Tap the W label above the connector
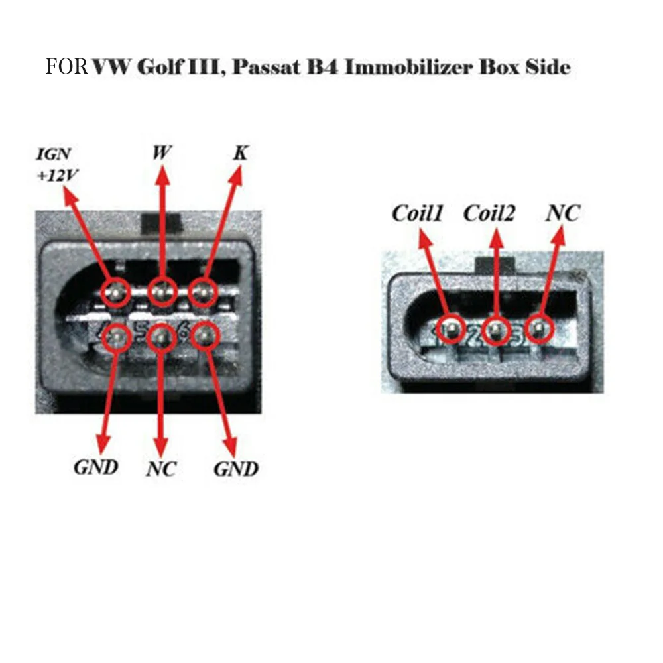pyautogui.click(x=162, y=153)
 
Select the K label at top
pyautogui.click(x=241, y=153)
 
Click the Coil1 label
pyautogui.click(x=418, y=213)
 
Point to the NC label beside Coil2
pyautogui.click(x=562, y=213)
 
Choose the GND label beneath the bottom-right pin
pyautogui.click(x=235, y=469)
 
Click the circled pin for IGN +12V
pyautogui.click(x=118, y=292)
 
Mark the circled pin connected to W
pyautogui.click(x=162, y=292)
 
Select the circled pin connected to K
pyautogui.click(x=204, y=292)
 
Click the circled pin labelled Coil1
pyautogui.click(x=453, y=329)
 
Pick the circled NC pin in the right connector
pyautogui.click(x=538, y=328)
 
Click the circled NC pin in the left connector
pyautogui.click(x=160, y=338)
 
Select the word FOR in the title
pyautogui.click(x=66, y=67)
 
